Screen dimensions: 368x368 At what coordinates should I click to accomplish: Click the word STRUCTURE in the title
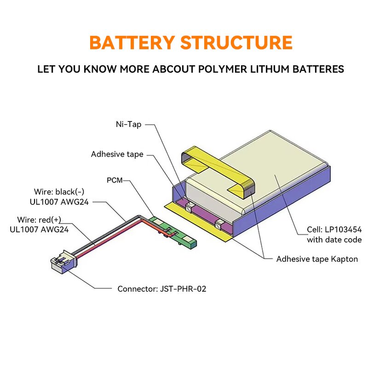click(236, 42)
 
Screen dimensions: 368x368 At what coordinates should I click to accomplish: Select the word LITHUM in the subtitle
click(266, 69)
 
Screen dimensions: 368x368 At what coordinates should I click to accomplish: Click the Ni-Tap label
click(128, 124)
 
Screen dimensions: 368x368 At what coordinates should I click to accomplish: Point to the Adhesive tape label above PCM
click(117, 154)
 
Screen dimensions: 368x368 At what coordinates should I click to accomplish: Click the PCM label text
click(115, 180)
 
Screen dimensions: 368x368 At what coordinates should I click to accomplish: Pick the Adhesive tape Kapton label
click(317, 259)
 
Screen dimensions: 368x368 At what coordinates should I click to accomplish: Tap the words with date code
click(334, 240)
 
